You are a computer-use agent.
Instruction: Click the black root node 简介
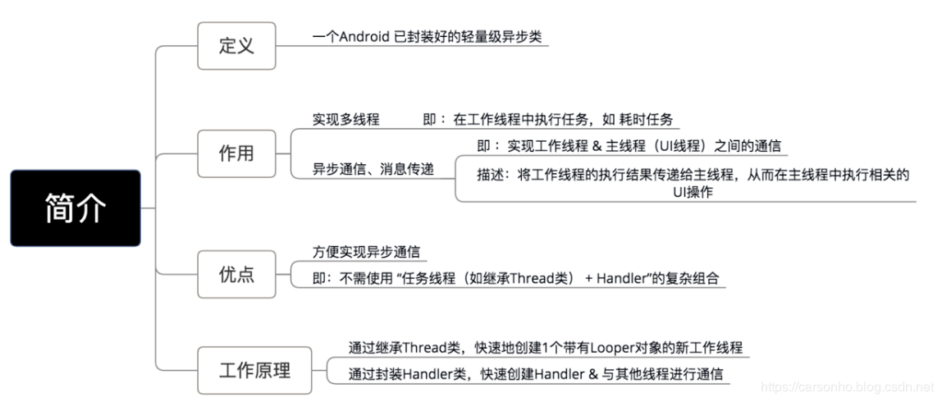[75, 208]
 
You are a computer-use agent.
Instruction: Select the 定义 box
[236, 45]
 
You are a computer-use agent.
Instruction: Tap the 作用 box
[236, 153]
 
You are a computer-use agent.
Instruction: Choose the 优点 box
[236, 273]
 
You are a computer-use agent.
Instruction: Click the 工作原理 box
[254, 370]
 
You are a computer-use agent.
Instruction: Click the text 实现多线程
[345, 120]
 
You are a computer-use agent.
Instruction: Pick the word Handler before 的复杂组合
[623, 279]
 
